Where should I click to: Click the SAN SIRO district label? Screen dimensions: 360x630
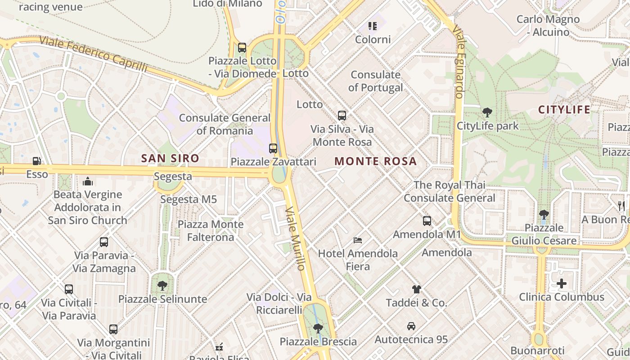tap(170, 158)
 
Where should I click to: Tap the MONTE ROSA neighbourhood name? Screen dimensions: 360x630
tap(376, 161)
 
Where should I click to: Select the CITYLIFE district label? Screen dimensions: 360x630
tap(564, 109)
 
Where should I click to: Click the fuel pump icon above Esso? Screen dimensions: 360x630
tap(36, 161)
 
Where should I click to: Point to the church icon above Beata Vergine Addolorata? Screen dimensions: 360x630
tap(88, 181)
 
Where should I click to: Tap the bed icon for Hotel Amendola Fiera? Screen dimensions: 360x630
tap(358, 240)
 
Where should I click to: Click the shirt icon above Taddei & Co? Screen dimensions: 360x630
tap(416, 289)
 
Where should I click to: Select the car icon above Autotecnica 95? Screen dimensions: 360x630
tap(411, 326)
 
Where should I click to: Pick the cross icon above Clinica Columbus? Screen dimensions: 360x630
tap(561, 283)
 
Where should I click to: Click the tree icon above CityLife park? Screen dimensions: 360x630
tap(487, 112)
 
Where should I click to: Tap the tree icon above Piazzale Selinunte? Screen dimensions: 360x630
tap(162, 285)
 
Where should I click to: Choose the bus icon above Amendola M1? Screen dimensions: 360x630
tap(427, 221)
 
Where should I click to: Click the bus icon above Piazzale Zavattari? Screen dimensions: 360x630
tap(273, 148)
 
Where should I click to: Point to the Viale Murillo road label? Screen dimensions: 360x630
tap(296, 238)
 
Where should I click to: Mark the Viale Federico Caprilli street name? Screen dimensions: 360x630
tap(93, 54)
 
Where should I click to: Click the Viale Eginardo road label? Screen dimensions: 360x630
tap(459, 62)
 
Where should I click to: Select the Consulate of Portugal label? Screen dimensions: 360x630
tap(376, 81)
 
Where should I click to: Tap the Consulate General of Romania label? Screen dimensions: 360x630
tap(225, 124)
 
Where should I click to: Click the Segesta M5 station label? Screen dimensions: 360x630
tap(188, 199)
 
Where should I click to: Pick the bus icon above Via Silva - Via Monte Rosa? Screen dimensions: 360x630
tap(342, 116)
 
